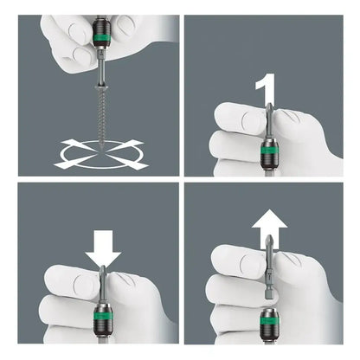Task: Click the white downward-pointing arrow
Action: click(x=103, y=248)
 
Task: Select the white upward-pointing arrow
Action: click(x=269, y=228)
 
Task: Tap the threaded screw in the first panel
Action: click(x=102, y=115)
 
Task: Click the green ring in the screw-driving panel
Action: click(x=101, y=37)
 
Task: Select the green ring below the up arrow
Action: click(x=268, y=320)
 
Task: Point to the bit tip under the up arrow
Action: click(x=268, y=241)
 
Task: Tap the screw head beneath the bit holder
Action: click(x=102, y=87)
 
